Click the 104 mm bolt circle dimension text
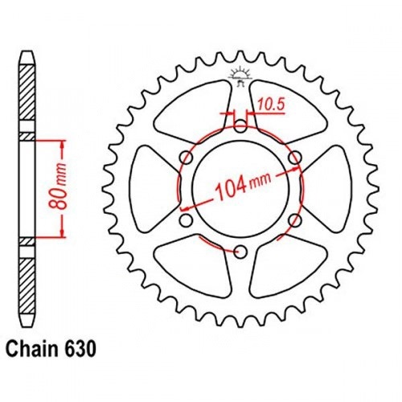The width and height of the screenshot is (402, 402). [244, 186]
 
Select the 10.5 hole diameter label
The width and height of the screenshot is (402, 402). [271, 105]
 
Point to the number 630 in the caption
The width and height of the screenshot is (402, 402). [80, 349]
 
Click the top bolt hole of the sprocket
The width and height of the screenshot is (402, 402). [241, 126]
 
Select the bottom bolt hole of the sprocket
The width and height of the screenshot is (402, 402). [241, 252]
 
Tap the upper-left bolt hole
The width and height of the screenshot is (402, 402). [187, 158]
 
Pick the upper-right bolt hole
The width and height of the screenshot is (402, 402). [295, 158]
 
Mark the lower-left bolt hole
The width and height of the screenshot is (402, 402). [187, 220]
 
